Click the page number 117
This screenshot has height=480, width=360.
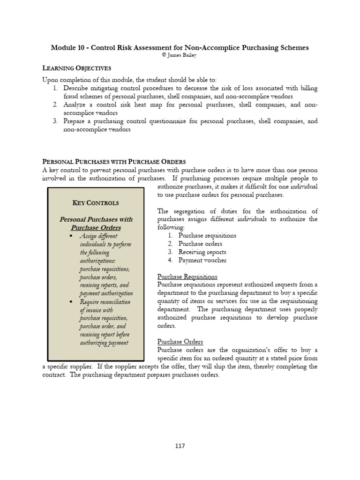180,446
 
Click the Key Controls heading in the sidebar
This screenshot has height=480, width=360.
96,203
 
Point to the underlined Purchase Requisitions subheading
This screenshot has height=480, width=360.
187,277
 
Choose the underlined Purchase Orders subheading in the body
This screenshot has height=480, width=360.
180,342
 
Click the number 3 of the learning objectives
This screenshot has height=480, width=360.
55,121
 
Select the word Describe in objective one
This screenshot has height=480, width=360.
77,89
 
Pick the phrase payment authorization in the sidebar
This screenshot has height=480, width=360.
106,293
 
